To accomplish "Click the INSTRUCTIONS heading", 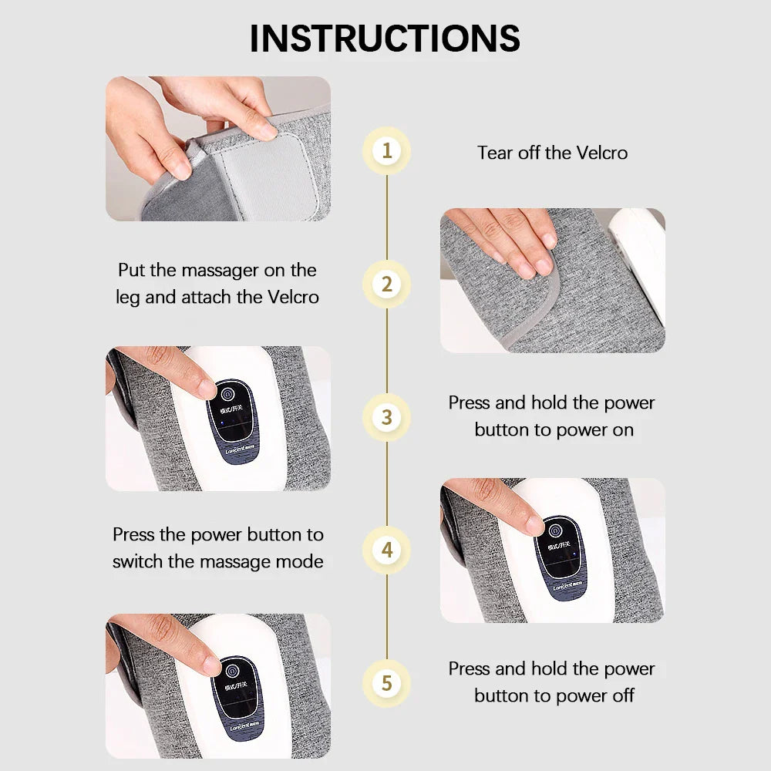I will (385, 39).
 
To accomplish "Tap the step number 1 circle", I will (386, 151).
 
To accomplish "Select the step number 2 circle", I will (386, 284).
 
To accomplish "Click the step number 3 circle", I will (386, 417).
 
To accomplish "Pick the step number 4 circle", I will (386, 550).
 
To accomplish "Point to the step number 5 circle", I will (386, 683).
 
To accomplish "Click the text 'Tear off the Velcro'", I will (552, 153).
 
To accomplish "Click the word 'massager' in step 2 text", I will (231, 271).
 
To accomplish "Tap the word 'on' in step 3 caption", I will (622, 430).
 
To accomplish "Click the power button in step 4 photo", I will (555, 530).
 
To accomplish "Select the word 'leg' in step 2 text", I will (128, 298).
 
